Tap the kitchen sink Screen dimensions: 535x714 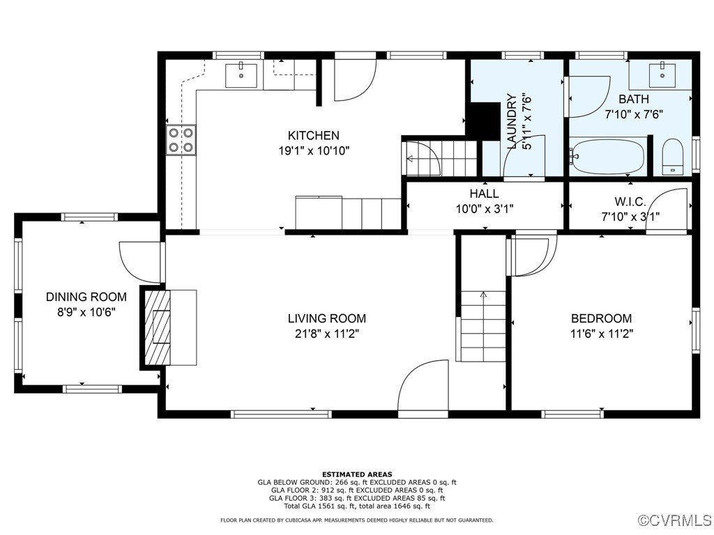tap(241, 74)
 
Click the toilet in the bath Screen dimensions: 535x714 tap(672, 156)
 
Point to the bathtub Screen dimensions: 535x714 tap(608, 157)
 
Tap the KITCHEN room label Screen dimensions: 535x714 tap(313, 136)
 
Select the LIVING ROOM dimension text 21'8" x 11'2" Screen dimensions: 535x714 tap(326, 334)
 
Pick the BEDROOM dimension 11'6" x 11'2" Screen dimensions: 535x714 tap(601, 334)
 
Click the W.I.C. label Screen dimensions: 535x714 tap(630, 201)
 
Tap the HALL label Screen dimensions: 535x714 tap(484, 194)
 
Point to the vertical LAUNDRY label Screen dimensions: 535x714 tap(511, 121)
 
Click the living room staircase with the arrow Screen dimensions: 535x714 tap(483, 325)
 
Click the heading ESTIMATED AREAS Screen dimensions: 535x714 tap(356, 474)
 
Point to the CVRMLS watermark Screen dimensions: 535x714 tap(675, 520)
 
